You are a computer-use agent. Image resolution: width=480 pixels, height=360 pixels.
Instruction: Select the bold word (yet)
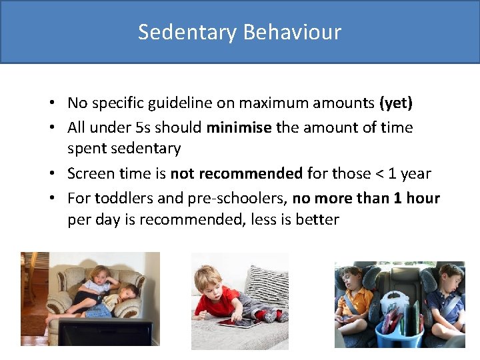(x=395, y=103)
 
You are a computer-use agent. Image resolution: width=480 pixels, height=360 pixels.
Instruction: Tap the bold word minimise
(x=239, y=127)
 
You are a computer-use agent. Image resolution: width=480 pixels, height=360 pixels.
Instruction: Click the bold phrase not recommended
(x=237, y=174)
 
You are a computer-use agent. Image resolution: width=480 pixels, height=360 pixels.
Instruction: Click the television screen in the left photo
(x=105, y=331)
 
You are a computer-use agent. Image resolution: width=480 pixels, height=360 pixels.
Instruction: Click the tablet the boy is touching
(x=238, y=323)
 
